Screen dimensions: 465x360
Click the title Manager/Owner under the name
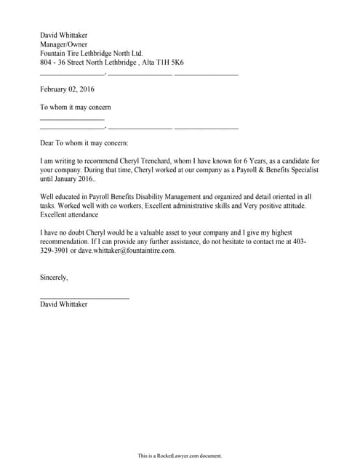click(64, 44)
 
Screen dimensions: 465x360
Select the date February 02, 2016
click(67, 89)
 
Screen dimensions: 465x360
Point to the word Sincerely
click(54, 277)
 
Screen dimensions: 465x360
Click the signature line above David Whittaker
click(84, 298)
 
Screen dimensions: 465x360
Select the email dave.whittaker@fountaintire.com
click(127, 251)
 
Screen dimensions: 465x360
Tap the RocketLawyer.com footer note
click(180, 456)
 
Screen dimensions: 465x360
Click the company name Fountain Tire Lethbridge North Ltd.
click(91, 53)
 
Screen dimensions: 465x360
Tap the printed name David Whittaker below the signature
click(64, 304)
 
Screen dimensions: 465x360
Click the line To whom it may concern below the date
click(75, 107)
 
